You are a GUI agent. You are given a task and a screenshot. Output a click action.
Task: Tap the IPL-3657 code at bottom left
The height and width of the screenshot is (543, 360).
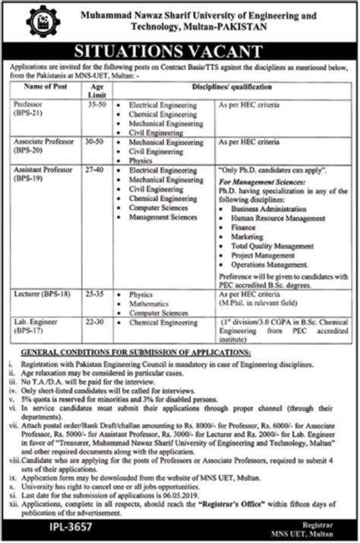click(x=36, y=526)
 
